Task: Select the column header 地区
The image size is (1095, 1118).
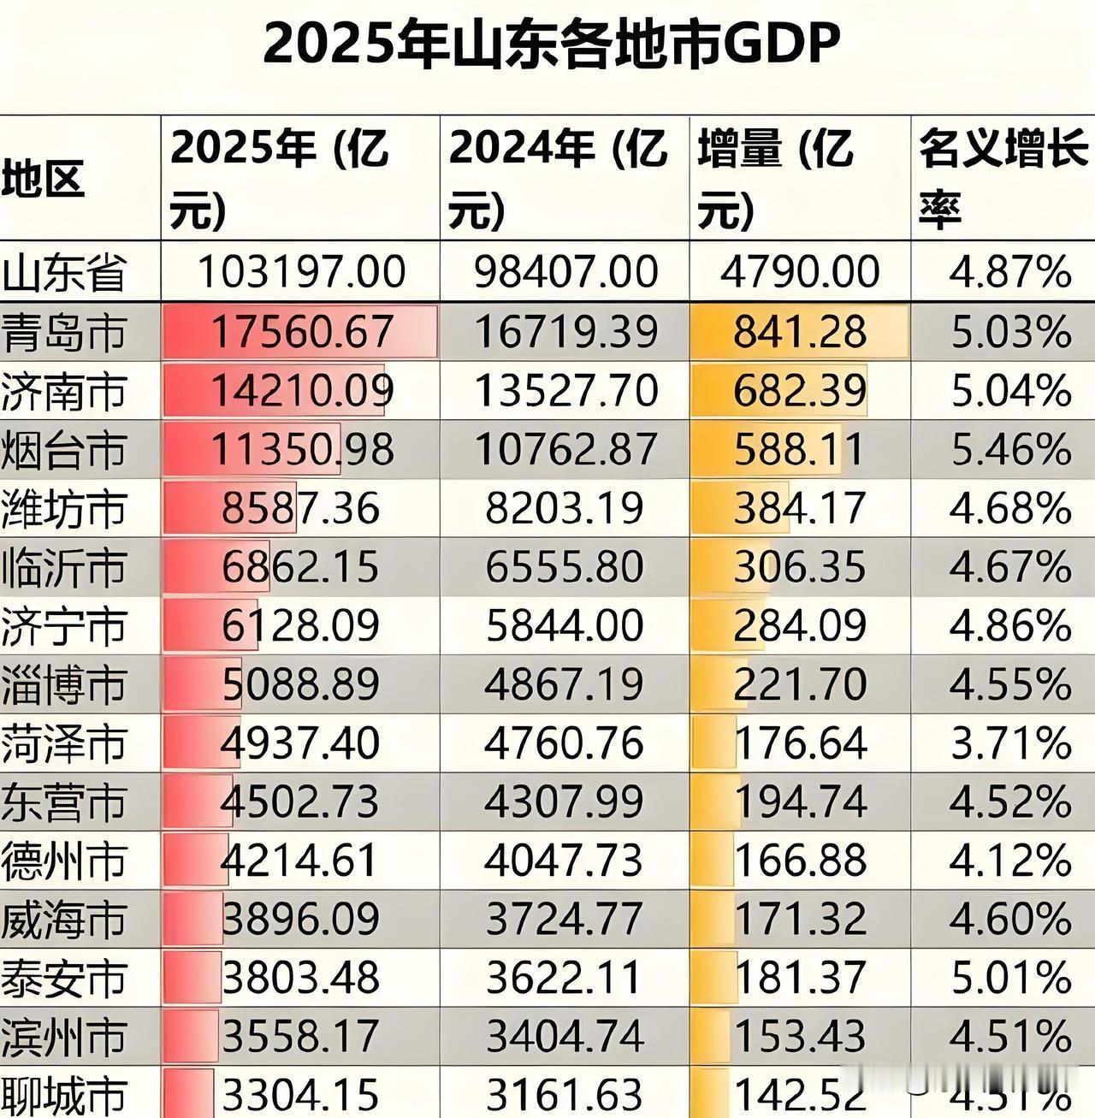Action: pyautogui.click(x=43, y=180)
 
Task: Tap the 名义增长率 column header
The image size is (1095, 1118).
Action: pyautogui.click(x=1003, y=178)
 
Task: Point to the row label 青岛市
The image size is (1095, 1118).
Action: pyautogui.click(x=63, y=333)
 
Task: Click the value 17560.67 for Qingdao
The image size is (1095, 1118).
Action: pyautogui.click(x=301, y=332)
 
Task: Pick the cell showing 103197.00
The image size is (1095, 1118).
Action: pyautogui.click(x=301, y=272)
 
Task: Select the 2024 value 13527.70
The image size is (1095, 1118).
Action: pyautogui.click(x=565, y=391)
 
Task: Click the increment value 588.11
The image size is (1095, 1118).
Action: pyautogui.click(x=799, y=450)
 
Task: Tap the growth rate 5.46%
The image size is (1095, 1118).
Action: pyautogui.click(x=1010, y=450)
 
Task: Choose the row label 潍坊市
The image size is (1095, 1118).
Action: pyautogui.click(x=63, y=509)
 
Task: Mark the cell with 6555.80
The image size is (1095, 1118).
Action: pyautogui.click(x=565, y=567)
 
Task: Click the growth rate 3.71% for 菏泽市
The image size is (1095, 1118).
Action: pyautogui.click(x=1010, y=743)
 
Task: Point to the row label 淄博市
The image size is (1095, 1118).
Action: pyautogui.click(x=63, y=685)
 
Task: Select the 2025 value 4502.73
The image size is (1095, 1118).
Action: pyautogui.click(x=299, y=802)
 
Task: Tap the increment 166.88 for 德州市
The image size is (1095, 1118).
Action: pyautogui.click(x=801, y=861)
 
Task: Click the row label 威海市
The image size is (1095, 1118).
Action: pyautogui.click(x=63, y=920)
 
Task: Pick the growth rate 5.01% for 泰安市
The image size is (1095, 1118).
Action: pyautogui.click(x=1010, y=979)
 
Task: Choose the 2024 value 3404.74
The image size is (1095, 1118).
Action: pyautogui.click(x=565, y=1037)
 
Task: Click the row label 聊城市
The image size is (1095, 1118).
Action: pyautogui.click(x=63, y=1095)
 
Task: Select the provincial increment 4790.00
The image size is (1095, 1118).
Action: pyautogui.click(x=799, y=272)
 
